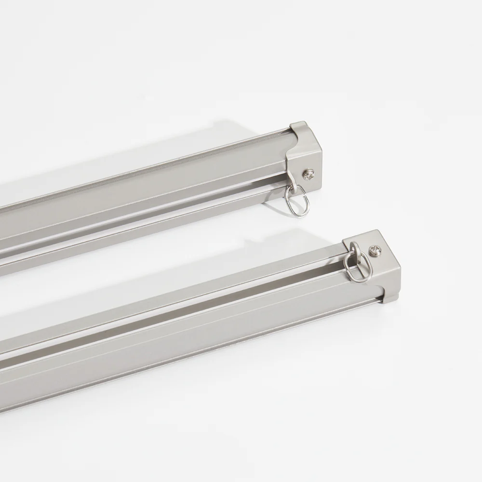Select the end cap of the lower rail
click(x=381, y=270)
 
